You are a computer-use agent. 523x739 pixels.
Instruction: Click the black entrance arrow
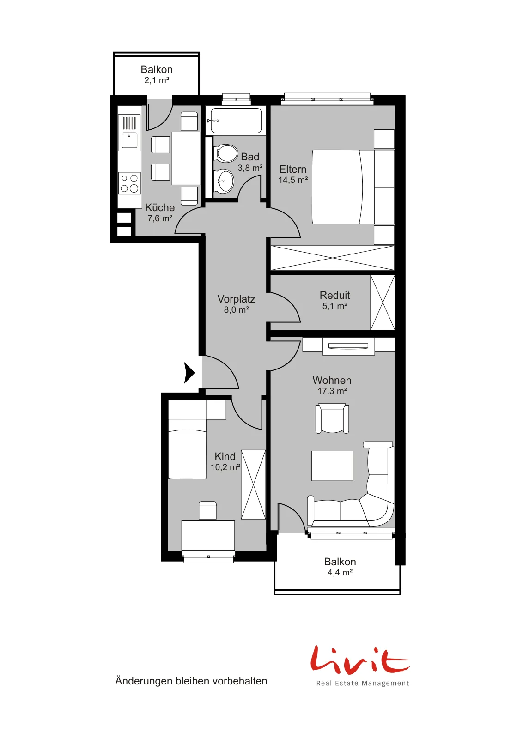point(189,373)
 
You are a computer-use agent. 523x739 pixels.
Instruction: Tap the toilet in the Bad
point(225,153)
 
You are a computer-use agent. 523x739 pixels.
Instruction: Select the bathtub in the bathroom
point(235,121)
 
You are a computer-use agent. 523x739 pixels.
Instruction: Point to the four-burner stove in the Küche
point(129,183)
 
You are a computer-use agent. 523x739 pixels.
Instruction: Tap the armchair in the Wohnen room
point(332,418)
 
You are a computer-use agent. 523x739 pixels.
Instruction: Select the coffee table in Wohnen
point(332,466)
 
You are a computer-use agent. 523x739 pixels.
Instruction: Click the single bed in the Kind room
point(187,439)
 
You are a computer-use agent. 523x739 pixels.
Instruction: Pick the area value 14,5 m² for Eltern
point(293,180)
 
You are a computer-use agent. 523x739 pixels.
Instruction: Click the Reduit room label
point(334,295)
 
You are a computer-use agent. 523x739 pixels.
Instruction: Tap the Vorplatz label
point(236,299)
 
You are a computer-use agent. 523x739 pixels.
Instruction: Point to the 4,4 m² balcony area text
point(340,572)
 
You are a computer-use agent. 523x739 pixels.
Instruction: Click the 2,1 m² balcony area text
point(157,80)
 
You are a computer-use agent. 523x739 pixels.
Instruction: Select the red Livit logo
point(360,660)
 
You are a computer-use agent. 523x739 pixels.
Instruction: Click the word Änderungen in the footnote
point(144,681)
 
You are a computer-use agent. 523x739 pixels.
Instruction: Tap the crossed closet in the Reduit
point(383,302)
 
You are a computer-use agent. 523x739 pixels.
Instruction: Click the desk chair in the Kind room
point(207,510)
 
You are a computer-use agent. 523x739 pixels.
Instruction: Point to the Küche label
point(160,207)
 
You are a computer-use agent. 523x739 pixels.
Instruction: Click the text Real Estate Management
point(363,683)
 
